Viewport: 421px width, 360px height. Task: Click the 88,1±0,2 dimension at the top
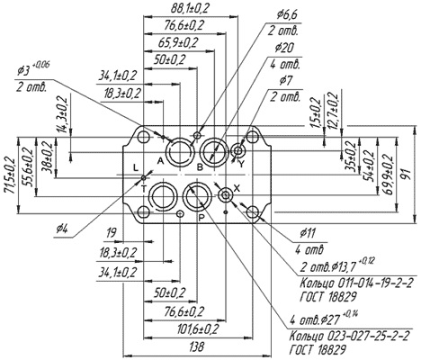[x=190, y=8]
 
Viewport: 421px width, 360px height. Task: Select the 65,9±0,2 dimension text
[x=178, y=43]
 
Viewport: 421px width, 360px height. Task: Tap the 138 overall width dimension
[x=197, y=346]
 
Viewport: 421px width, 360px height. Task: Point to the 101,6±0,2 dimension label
[x=198, y=329]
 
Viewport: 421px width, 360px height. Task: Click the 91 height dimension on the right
[x=407, y=175]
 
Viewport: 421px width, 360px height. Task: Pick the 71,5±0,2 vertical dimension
[x=11, y=175]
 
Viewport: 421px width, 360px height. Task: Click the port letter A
[x=160, y=162]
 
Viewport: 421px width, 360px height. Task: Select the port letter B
[x=200, y=167]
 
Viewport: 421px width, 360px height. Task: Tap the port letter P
[x=202, y=218]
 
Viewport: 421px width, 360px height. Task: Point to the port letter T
[x=144, y=189]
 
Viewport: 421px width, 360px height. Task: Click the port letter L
[x=136, y=167]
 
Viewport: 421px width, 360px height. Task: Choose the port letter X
[x=237, y=188]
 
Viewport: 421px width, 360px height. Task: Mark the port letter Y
[x=242, y=163]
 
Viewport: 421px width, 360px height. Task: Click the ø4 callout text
[x=62, y=229]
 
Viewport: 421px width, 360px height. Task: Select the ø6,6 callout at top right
[x=287, y=15]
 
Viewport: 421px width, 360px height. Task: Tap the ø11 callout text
[x=308, y=233]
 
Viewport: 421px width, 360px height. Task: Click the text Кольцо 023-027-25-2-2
[x=349, y=336]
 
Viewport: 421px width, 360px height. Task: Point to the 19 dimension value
[x=112, y=233]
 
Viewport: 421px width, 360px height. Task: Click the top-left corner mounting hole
[x=143, y=138]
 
